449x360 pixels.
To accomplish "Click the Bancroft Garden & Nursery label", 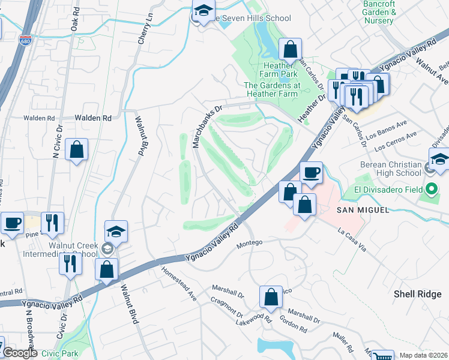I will click(x=380, y=12).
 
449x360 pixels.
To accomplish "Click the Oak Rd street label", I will click(x=74, y=20).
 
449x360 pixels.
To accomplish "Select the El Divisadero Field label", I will click(x=385, y=191).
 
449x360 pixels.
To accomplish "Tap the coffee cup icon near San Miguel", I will click(x=311, y=173).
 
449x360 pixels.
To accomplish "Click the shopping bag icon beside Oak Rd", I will click(x=77, y=150).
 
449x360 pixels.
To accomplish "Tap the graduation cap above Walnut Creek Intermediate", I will click(x=116, y=231).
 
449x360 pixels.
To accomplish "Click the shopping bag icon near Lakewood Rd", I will click(x=271, y=296).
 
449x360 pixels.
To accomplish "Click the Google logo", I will click(x=20, y=353).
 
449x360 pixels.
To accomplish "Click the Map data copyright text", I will click(x=423, y=355).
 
